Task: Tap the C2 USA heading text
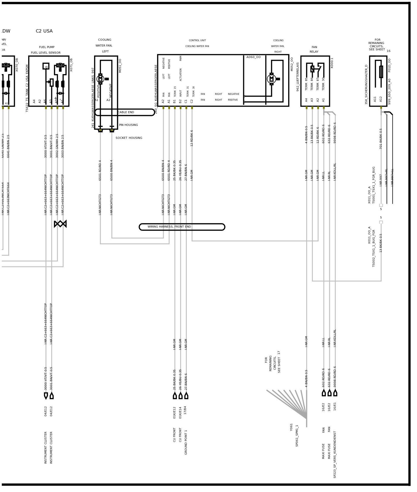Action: (44, 31)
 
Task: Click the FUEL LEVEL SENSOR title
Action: (46, 53)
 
